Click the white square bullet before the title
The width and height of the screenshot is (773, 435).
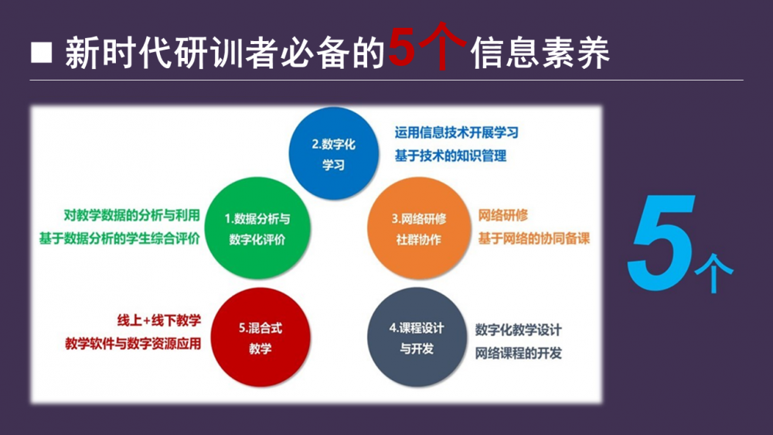point(42,53)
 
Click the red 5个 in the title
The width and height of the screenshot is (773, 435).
point(427,47)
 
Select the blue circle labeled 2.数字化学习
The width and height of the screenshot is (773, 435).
point(334,153)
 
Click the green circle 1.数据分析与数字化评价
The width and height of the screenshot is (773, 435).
point(257,228)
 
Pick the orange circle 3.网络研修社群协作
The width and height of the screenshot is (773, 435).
point(419,228)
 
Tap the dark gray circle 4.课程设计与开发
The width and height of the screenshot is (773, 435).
point(417,337)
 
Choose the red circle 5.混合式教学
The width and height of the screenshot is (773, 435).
point(261,337)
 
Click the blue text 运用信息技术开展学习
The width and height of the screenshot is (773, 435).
point(457,132)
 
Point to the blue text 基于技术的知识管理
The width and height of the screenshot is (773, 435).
point(451,156)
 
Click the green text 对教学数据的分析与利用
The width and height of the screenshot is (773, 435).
point(131,215)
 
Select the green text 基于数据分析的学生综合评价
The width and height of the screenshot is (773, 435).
point(119,238)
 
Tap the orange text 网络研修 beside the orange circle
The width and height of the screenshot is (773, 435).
point(503,215)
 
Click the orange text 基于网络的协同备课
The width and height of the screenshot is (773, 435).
point(534,238)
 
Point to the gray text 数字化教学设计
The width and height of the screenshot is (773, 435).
point(519,330)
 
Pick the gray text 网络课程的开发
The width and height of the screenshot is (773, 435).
point(519,353)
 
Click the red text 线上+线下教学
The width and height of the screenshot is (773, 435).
point(159,320)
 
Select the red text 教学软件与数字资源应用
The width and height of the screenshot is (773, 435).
point(133,344)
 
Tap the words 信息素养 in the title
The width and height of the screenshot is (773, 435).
point(541,53)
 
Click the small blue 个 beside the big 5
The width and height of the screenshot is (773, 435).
point(713,273)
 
